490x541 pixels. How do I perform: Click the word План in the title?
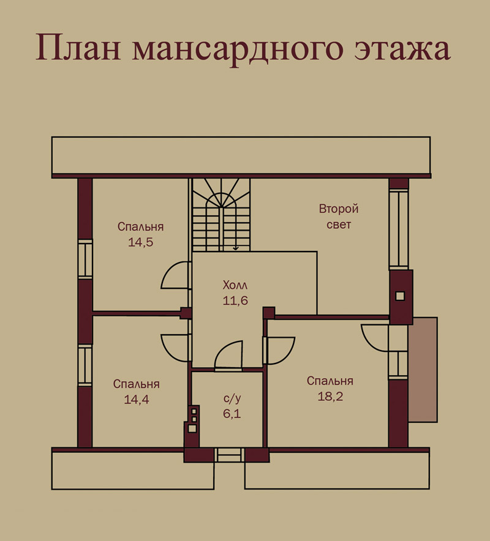[x=78, y=48]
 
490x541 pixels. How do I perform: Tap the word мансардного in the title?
[x=238, y=50]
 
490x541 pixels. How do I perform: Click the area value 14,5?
[x=140, y=242]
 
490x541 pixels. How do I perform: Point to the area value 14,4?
[x=137, y=400]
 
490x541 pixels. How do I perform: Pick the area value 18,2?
[x=330, y=397]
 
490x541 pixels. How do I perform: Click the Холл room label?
[x=235, y=285]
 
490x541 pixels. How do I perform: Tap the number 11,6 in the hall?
[x=235, y=300]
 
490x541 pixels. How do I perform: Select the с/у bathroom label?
[x=232, y=398]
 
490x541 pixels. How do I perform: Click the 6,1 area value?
[x=232, y=413]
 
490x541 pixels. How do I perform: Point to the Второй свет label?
[x=339, y=217]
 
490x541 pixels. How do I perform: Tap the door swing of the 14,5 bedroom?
[x=169, y=269]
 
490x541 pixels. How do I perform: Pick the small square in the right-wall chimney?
[x=400, y=296]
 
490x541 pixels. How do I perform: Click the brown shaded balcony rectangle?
[x=423, y=370]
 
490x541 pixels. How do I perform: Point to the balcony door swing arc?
[x=369, y=343]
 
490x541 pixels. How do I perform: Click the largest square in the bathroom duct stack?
[x=192, y=428]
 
